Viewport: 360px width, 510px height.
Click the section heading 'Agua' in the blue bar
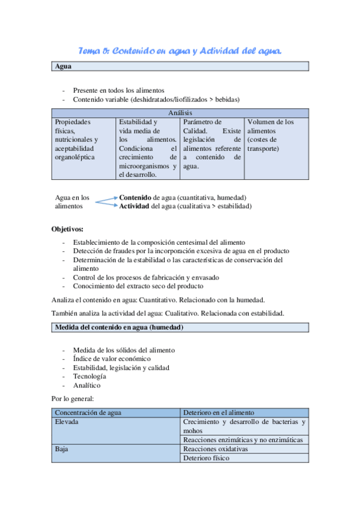click(63, 67)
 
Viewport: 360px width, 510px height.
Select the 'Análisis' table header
click(180, 112)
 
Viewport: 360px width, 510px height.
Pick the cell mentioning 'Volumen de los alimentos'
click(276, 135)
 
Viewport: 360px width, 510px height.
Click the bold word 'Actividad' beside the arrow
click(135, 206)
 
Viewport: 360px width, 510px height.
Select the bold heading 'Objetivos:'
click(67, 229)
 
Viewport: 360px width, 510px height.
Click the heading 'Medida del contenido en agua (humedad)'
click(119, 327)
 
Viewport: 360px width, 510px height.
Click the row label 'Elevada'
click(67, 422)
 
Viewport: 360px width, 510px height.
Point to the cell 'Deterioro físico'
click(206, 458)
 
